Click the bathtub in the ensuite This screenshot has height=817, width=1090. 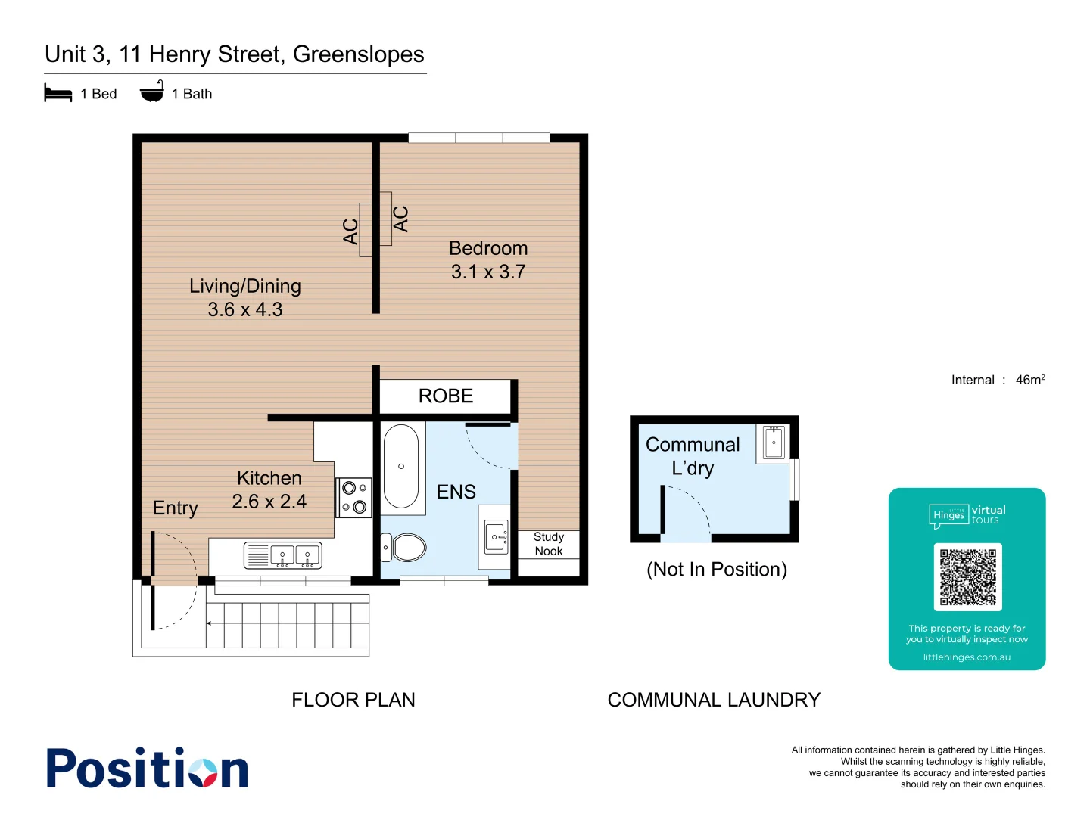coord(401,466)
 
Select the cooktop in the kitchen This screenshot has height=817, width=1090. coord(353,498)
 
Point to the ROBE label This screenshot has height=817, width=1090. coord(445,396)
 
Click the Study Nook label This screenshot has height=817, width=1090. coord(549,544)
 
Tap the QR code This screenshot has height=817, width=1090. coord(967,576)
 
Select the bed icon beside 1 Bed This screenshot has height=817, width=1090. coord(58,94)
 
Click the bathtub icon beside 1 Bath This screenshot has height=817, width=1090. coord(152,92)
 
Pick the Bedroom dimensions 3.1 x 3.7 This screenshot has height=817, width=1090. coord(488,272)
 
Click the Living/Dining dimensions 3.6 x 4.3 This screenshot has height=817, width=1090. coord(245,309)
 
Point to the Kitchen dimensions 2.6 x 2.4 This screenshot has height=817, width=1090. coord(269,502)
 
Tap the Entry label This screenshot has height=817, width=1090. coord(176,508)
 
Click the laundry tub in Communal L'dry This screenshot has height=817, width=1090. coord(773,443)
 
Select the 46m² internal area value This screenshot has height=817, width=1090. coord(1029,380)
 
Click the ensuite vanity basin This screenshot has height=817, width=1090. coord(497,537)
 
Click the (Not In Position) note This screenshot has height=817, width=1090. coord(716,570)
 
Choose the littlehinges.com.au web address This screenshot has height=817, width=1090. coord(967,657)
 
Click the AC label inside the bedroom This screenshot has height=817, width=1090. coord(400,219)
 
